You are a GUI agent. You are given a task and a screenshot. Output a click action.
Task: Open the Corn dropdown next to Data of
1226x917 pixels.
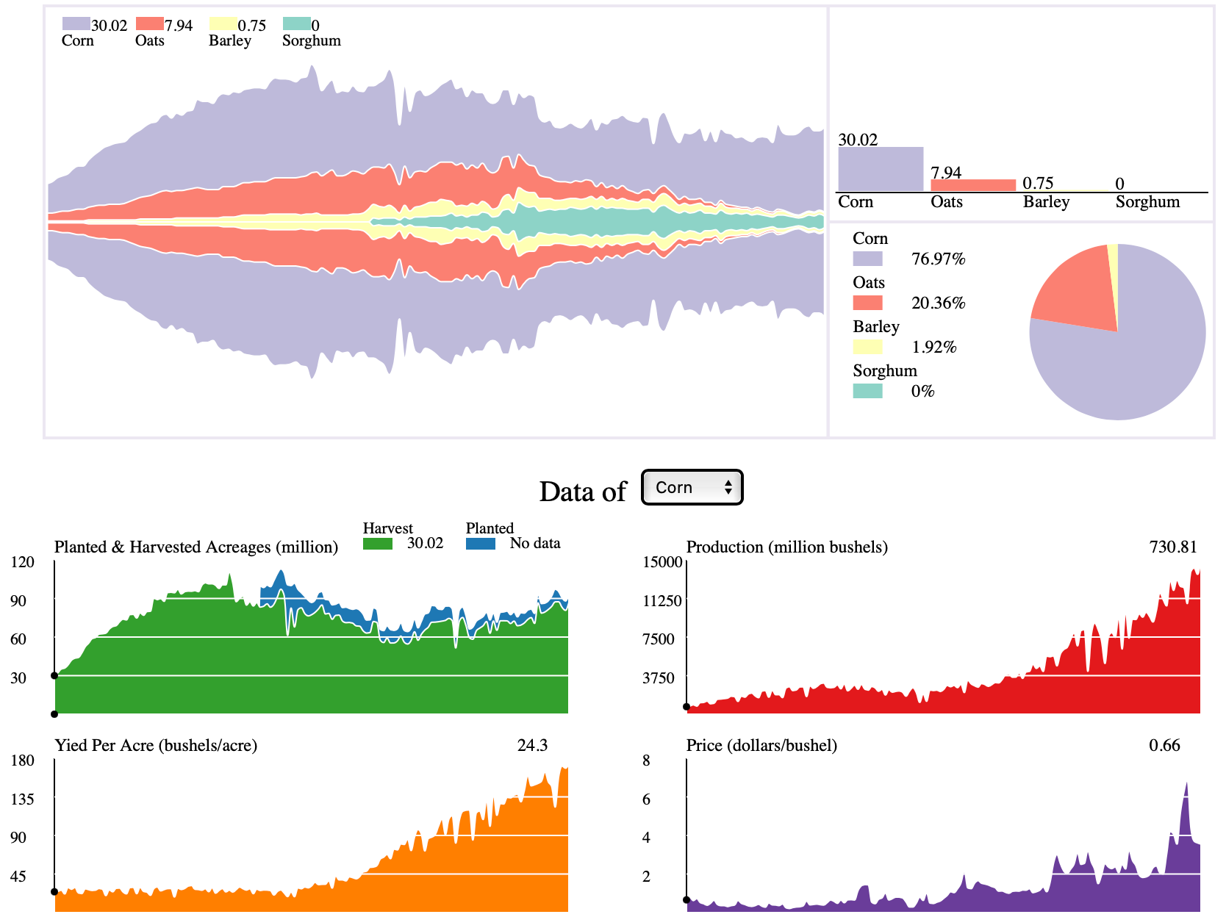(692, 487)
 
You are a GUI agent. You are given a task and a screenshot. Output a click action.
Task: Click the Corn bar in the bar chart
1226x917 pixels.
(881, 169)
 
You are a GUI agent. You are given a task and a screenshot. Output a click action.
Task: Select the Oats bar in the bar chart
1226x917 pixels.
(972, 185)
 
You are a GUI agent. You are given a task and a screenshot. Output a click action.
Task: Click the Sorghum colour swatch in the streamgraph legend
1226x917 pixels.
(296, 24)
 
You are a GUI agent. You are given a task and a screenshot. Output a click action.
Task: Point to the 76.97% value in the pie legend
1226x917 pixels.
(938, 259)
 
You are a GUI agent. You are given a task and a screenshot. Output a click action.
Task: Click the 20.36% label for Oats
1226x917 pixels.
(938, 303)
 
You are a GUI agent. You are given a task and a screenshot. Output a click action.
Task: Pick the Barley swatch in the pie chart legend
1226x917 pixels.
(867, 347)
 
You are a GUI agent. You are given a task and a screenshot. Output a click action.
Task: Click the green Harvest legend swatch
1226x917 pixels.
(378, 544)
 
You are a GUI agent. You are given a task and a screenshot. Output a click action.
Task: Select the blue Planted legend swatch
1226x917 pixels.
(481, 544)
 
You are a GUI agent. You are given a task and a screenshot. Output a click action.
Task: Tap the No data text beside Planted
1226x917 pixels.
(535, 543)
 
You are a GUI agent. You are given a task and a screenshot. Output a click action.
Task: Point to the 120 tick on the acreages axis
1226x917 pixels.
(23, 562)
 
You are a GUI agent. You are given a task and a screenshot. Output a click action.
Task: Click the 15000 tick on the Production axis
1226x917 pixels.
(663, 562)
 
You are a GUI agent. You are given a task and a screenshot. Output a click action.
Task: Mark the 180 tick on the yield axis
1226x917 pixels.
(23, 760)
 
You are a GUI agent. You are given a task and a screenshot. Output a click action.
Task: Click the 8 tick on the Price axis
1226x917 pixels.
(646, 760)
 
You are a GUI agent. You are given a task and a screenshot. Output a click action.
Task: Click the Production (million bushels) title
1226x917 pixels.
(786, 547)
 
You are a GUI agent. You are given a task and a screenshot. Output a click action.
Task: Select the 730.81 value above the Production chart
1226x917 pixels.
(1173, 547)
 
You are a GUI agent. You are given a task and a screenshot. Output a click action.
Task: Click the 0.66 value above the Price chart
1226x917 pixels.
(1164, 745)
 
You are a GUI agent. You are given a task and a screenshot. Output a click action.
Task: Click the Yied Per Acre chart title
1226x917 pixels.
(156, 745)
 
